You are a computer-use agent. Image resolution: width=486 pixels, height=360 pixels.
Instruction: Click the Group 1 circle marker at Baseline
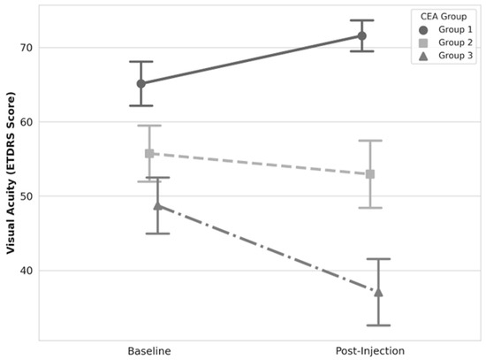point(141,83)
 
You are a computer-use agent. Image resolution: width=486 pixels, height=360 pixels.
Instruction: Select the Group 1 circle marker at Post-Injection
point(361,36)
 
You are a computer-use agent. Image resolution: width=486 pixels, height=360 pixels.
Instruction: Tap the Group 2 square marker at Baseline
point(149,153)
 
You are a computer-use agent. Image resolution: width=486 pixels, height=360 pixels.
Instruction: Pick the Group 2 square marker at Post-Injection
point(370,174)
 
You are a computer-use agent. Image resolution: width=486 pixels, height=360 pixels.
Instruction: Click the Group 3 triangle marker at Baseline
point(158,205)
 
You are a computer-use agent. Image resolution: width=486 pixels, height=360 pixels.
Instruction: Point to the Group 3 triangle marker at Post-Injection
point(378,292)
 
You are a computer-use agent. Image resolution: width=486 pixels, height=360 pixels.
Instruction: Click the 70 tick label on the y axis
point(26,48)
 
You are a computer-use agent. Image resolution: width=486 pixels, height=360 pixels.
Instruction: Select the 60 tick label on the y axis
point(26,122)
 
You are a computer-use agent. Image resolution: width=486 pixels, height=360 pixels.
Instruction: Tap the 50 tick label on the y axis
point(26,196)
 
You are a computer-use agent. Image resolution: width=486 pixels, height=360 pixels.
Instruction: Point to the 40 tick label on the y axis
point(26,271)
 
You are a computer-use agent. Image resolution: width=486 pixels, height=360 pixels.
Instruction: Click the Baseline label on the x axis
point(149,351)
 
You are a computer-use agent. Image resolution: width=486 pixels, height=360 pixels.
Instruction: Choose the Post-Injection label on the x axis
point(370,351)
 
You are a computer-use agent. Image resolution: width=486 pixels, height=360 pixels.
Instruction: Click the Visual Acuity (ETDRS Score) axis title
point(11,172)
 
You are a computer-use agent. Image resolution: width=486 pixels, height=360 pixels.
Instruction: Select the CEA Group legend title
point(444,17)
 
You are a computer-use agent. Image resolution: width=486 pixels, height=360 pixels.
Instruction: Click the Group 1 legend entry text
point(455,29)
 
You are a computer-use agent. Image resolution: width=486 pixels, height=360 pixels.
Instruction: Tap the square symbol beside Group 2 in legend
point(423,42)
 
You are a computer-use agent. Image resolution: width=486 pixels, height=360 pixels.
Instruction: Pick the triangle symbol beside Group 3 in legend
point(423,56)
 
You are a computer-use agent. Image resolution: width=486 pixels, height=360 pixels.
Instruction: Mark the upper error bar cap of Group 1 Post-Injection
point(361,20)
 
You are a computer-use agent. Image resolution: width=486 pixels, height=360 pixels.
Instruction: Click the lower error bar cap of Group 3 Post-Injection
point(378,326)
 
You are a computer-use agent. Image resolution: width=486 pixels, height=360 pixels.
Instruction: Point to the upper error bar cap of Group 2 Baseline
point(149,126)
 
